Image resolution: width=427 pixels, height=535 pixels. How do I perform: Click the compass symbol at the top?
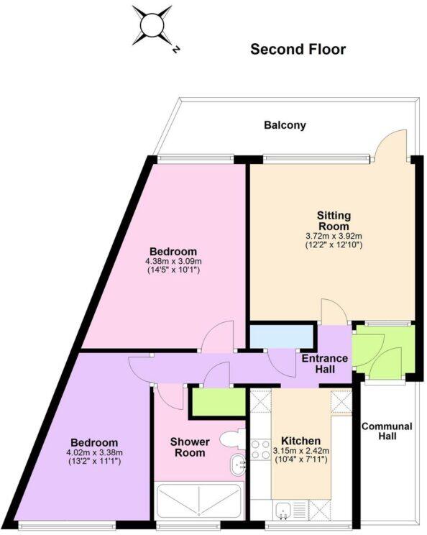152,26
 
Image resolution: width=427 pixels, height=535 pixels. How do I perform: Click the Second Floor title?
298,49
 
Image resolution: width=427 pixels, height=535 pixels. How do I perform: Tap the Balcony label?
285,125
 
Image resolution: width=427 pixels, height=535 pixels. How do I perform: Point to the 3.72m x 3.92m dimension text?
334,235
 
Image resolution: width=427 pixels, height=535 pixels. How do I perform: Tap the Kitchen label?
300,440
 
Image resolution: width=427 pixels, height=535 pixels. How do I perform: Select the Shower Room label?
188,447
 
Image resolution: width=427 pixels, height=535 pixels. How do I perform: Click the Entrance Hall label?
324,363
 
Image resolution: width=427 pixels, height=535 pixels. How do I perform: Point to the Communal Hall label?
387,431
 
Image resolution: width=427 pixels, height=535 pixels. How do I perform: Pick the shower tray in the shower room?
199,503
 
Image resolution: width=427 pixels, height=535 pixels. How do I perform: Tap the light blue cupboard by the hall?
281,337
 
